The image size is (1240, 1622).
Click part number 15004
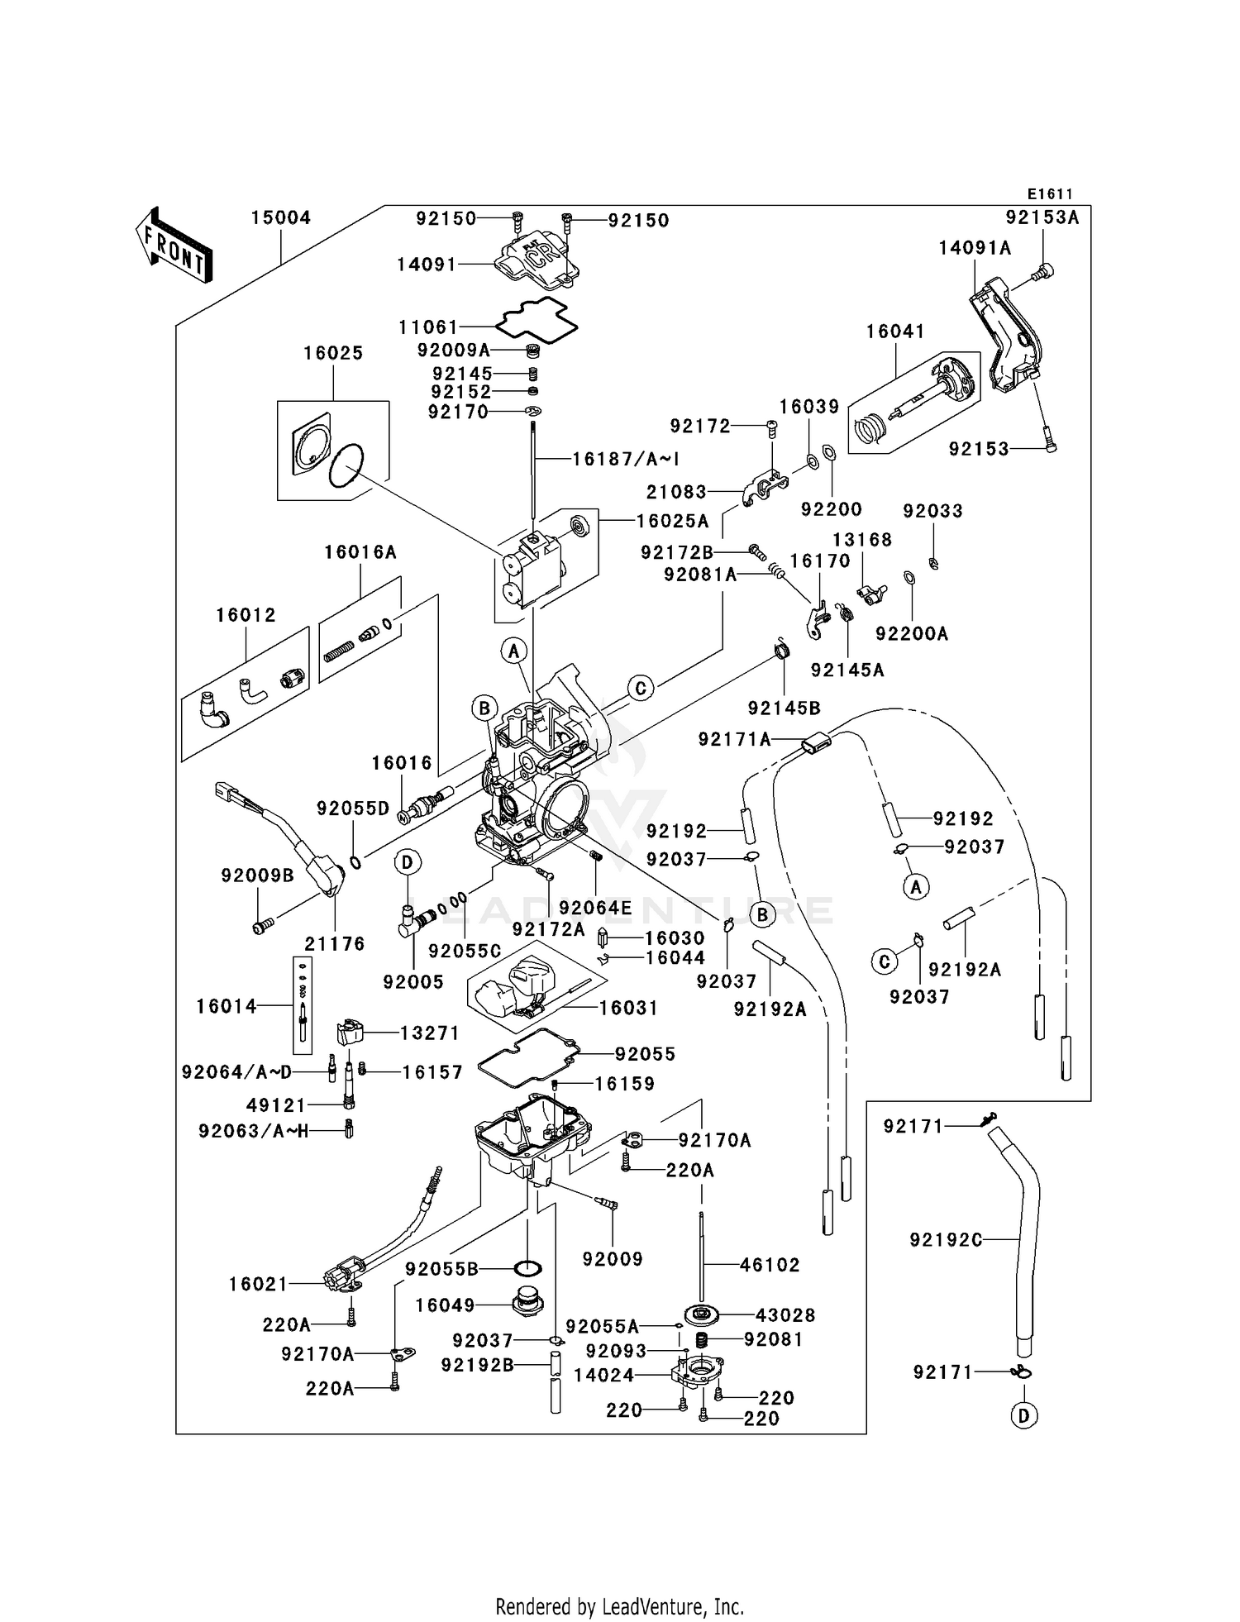tap(280, 218)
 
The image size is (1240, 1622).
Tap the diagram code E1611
tap(1050, 194)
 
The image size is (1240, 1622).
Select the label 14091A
tap(975, 248)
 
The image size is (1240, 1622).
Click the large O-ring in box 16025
tap(346, 466)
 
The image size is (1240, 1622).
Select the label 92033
tap(932, 511)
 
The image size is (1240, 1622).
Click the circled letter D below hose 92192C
tap(1023, 1416)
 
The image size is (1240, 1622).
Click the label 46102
tap(770, 1265)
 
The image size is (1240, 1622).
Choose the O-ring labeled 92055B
tap(528, 1268)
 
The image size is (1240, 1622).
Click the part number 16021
tap(258, 1284)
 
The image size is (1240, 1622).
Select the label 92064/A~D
tap(236, 1072)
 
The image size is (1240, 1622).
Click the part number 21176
tap(334, 943)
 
